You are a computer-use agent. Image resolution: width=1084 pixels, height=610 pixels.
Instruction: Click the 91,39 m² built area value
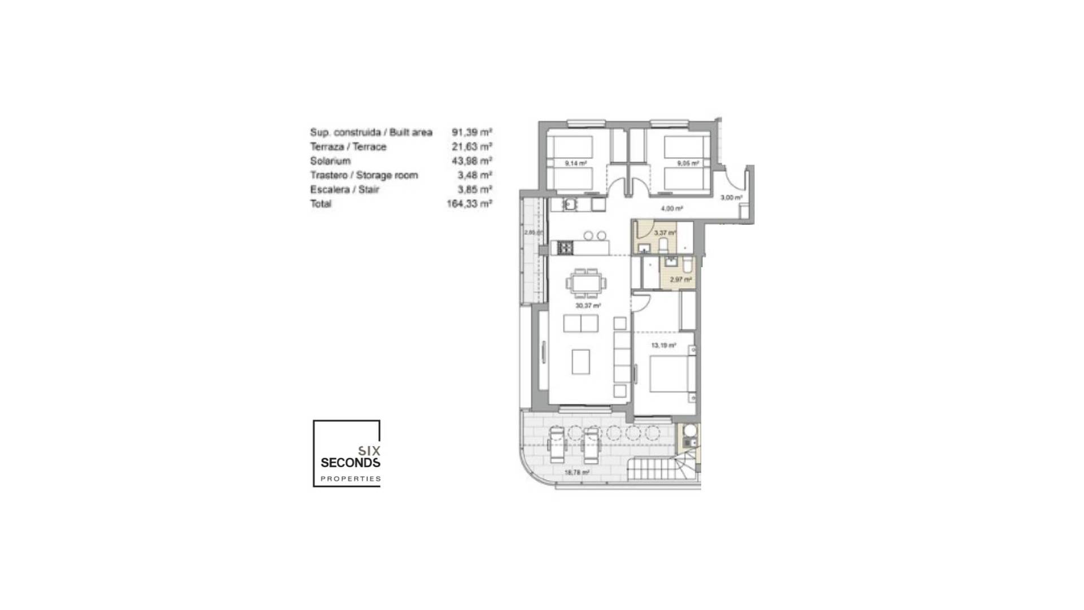pos(471,132)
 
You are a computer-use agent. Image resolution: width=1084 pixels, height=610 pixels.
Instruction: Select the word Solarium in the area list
pos(330,161)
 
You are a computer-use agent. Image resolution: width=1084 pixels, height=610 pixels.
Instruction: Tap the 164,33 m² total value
pos(469,204)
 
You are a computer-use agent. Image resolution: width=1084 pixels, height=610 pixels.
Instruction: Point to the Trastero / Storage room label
pos(364,175)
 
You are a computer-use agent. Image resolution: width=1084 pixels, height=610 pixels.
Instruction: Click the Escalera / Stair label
pos(344,190)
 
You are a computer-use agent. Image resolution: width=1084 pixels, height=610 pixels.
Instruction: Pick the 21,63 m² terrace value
pos(471,147)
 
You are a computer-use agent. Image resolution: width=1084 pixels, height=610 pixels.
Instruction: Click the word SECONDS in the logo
pos(350,463)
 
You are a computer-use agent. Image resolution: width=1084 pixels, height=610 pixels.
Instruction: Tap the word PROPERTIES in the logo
pos(350,479)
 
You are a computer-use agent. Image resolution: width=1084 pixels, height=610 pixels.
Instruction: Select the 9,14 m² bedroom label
pos(575,164)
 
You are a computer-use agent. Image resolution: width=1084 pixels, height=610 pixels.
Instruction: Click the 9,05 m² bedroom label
pos(688,164)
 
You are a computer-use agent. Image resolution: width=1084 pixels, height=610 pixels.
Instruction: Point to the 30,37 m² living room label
pos(588,306)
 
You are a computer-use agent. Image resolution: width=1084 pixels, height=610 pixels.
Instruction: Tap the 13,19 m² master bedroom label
pos(663,346)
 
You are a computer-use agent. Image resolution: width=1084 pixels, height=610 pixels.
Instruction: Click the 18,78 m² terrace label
pos(577,473)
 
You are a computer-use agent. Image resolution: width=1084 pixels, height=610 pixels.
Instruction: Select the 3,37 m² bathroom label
pos(665,233)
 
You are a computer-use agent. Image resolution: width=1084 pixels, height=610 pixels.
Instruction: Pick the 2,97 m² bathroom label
pos(680,280)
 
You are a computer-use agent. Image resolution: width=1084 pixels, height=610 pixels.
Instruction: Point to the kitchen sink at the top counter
pos(570,204)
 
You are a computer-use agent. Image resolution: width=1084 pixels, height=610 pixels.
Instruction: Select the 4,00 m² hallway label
pos(672,208)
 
